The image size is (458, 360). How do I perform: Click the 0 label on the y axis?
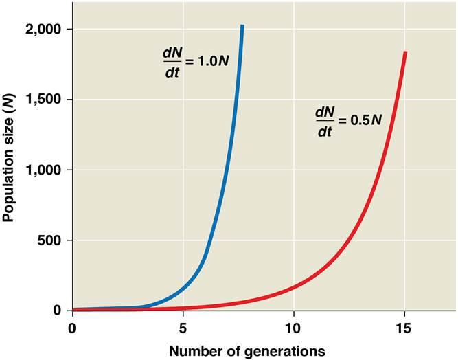(58, 311)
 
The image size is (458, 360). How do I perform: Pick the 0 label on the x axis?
(72, 328)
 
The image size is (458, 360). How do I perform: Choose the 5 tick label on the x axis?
(183, 328)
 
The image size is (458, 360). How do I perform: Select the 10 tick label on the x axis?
(293, 328)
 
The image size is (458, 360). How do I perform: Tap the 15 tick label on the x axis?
(404, 328)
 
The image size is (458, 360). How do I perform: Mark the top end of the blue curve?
(242, 26)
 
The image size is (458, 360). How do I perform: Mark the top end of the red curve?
(405, 52)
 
